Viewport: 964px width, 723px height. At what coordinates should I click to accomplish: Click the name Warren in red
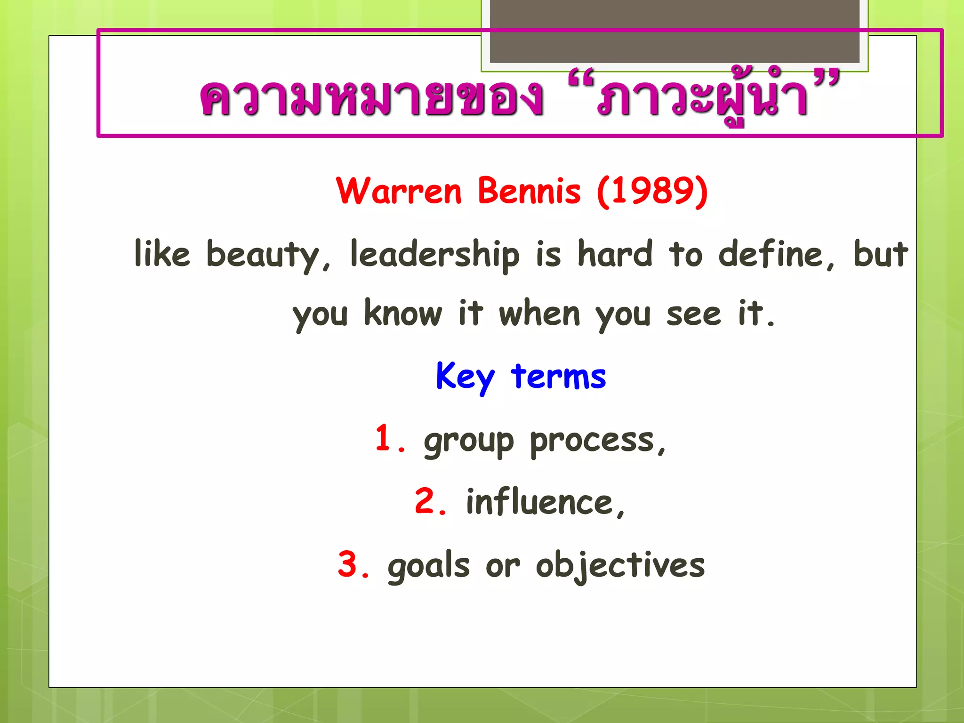click(399, 191)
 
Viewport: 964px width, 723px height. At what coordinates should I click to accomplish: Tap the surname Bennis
click(529, 191)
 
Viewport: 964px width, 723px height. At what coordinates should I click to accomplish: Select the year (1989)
click(652, 191)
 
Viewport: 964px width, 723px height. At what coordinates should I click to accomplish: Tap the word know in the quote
click(403, 313)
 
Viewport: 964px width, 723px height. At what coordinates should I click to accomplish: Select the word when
click(539, 313)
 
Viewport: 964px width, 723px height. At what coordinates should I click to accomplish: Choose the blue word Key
click(465, 377)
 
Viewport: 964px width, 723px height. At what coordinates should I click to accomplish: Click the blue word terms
click(559, 377)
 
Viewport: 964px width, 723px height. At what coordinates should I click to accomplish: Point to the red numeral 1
click(384, 438)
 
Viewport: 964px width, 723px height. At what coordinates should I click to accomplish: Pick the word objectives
click(620, 565)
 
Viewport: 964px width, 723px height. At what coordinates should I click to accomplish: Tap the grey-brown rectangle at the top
click(675, 31)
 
